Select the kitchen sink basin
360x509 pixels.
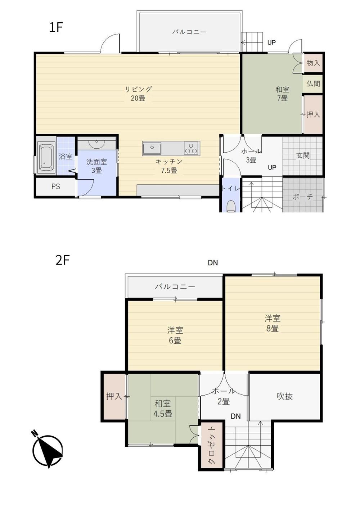pyautogui.click(x=152, y=148)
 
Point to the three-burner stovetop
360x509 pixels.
pyautogui.click(x=192, y=148)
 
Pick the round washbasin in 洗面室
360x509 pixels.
pyautogui.click(x=96, y=144)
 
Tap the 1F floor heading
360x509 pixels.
pyautogui.click(x=56, y=27)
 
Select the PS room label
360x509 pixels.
pyautogui.click(x=56, y=186)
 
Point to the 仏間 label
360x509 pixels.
pyautogui.click(x=313, y=84)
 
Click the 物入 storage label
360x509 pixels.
pyautogui.click(x=313, y=63)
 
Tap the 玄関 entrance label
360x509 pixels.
pyautogui.click(x=303, y=156)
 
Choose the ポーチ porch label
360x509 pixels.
pyautogui.click(x=303, y=197)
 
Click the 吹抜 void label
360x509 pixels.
pyautogui.click(x=284, y=396)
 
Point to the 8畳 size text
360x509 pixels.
pyautogui.click(x=272, y=328)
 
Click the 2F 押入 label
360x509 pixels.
pyautogui.click(x=114, y=397)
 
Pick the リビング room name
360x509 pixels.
pyautogui.click(x=138, y=89)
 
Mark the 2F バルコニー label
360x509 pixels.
pyautogui.click(x=175, y=287)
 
